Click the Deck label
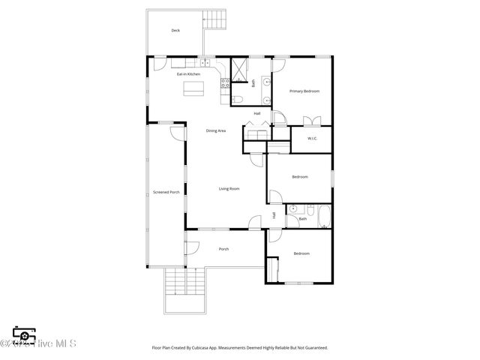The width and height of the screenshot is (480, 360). pos(175,31)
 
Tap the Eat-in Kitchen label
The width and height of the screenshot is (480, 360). pos(188,74)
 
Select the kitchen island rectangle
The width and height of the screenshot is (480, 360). pos(194,88)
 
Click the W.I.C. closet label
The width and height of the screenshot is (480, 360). pos(312,138)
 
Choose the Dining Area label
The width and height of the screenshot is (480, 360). pos(216,131)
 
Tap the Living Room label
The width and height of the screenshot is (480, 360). pos(229,188)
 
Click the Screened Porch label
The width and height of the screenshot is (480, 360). pos(166,192)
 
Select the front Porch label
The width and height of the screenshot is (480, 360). pos(223,249)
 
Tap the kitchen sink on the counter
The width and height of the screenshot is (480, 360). pos(203,63)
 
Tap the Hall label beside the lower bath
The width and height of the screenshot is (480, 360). pos(274,214)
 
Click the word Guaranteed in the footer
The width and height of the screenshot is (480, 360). pos(316,348)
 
